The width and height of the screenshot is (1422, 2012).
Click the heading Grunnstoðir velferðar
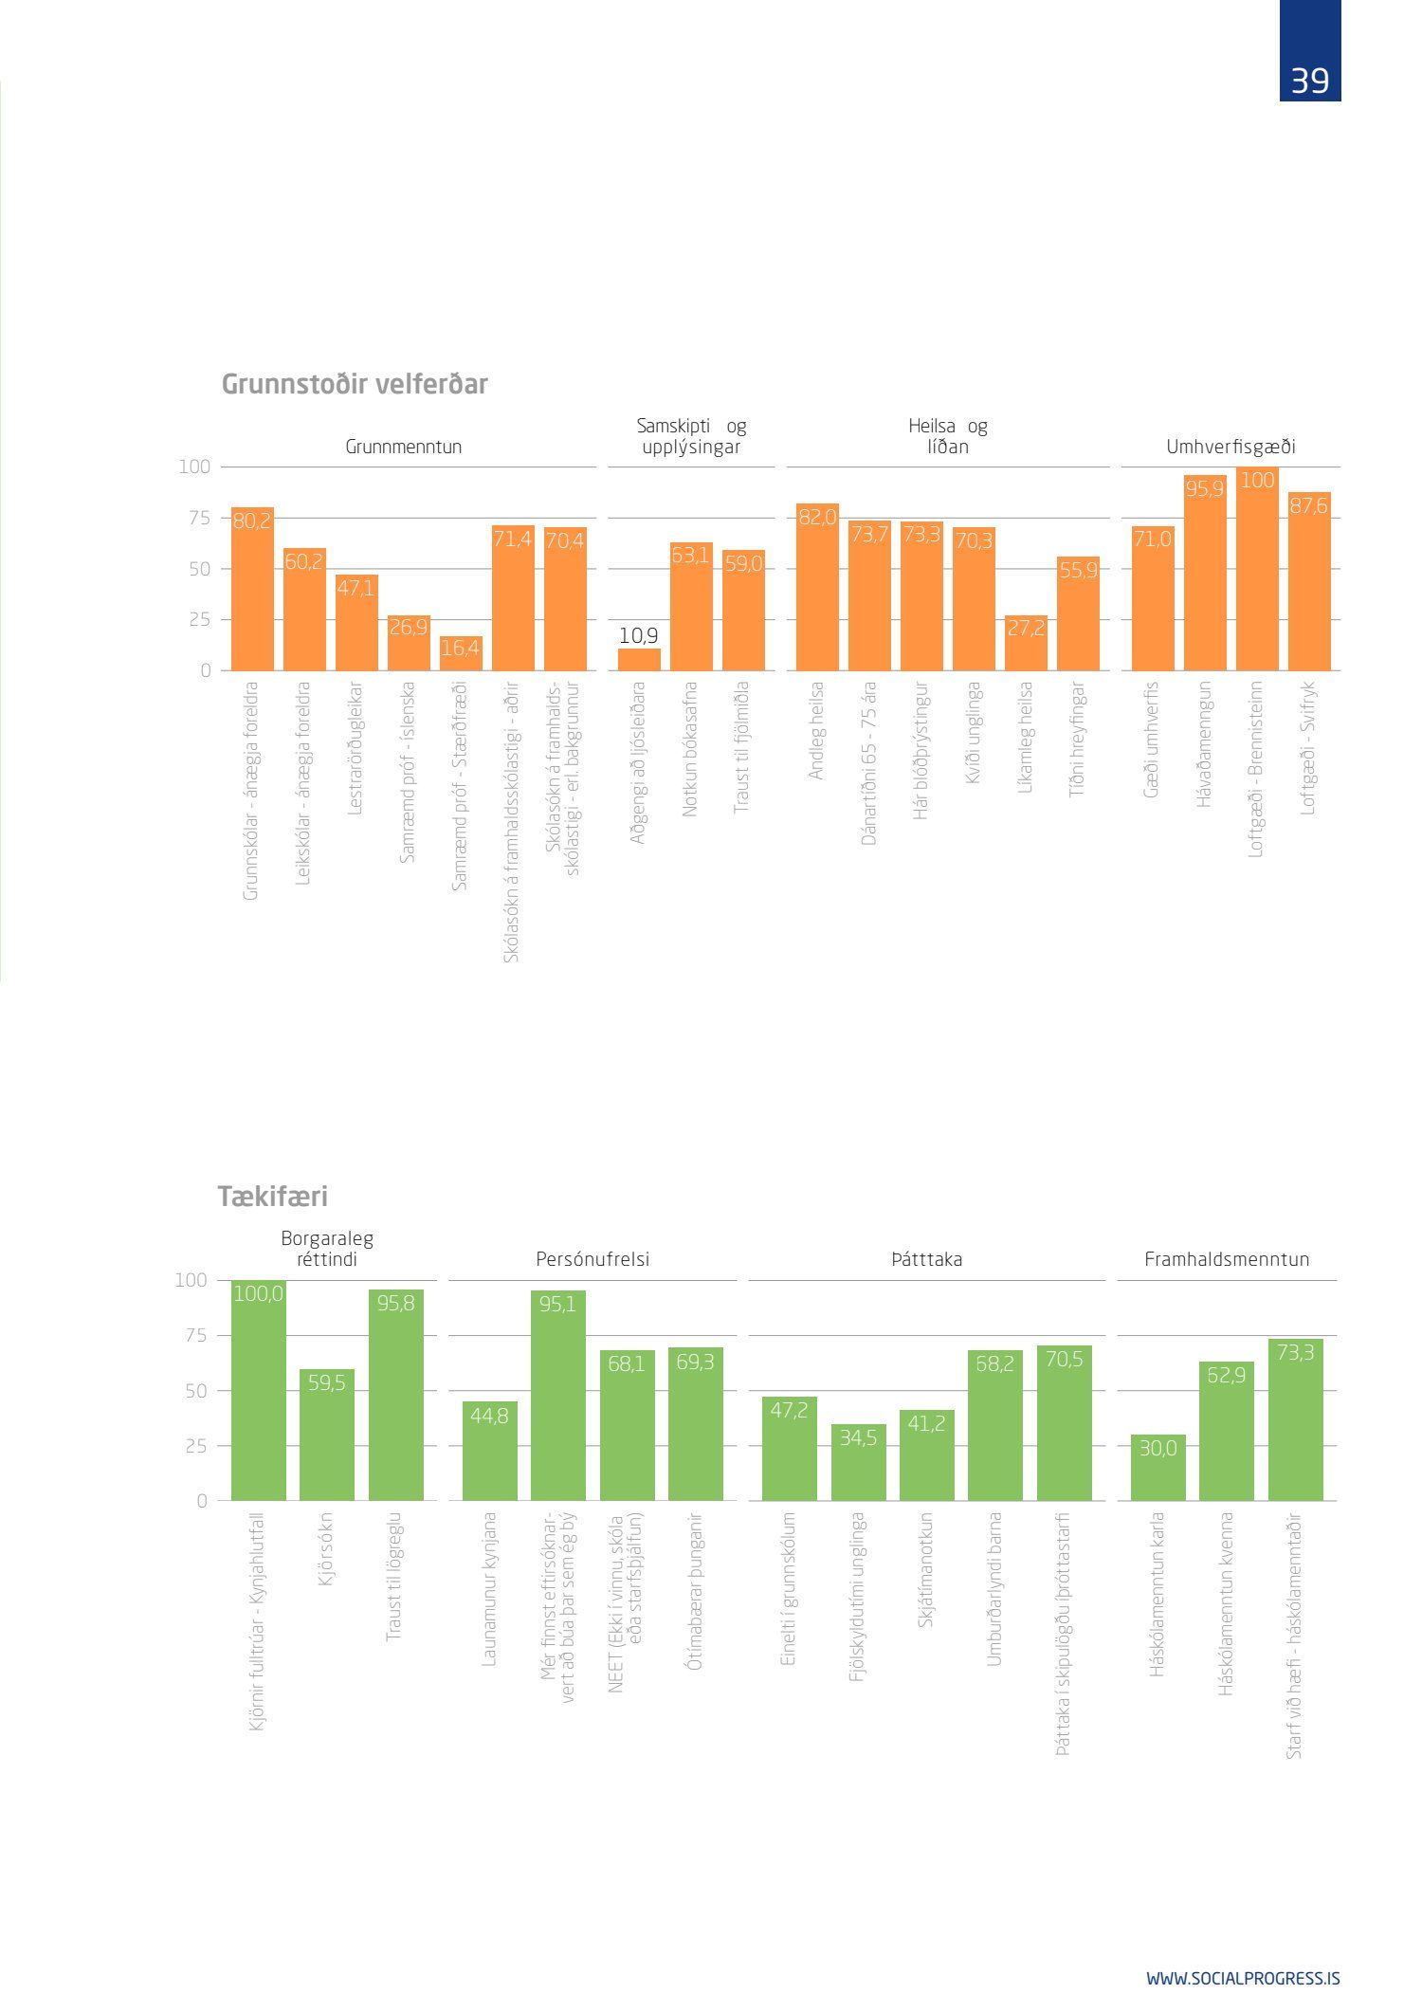pyautogui.click(x=355, y=384)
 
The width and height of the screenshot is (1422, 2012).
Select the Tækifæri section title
pyautogui.click(x=273, y=1197)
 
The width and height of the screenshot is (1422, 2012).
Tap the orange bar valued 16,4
pyautogui.click(x=461, y=654)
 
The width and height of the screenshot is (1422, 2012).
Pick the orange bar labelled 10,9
pyautogui.click(x=639, y=659)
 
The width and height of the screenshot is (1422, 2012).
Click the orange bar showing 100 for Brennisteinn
pyautogui.click(x=1257, y=569)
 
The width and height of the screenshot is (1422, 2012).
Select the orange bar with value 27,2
pyautogui.click(x=1026, y=643)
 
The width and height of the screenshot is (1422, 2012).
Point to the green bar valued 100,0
pyautogui.click(x=258, y=1390)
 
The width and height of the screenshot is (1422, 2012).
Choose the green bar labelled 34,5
pyautogui.click(x=858, y=1462)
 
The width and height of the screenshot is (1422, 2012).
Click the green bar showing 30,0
pyautogui.click(x=1158, y=1468)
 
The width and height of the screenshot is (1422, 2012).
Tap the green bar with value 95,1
pyautogui.click(x=557, y=1396)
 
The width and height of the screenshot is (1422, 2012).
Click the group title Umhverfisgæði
pyautogui.click(x=1231, y=447)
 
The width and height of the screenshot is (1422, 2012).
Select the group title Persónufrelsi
pyautogui.click(x=592, y=1259)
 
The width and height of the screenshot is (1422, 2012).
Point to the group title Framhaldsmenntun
pyautogui.click(x=1227, y=1259)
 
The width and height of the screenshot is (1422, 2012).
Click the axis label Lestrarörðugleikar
pyautogui.click(x=355, y=748)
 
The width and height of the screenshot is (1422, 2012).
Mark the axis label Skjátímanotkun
pyautogui.click(x=926, y=1570)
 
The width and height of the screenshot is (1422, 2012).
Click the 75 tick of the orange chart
pyautogui.click(x=199, y=518)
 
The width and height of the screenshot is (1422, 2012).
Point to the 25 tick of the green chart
pyautogui.click(x=195, y=1446)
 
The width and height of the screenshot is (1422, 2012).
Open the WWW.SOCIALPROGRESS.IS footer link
pyautogui.click(x=1243, y=1979)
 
